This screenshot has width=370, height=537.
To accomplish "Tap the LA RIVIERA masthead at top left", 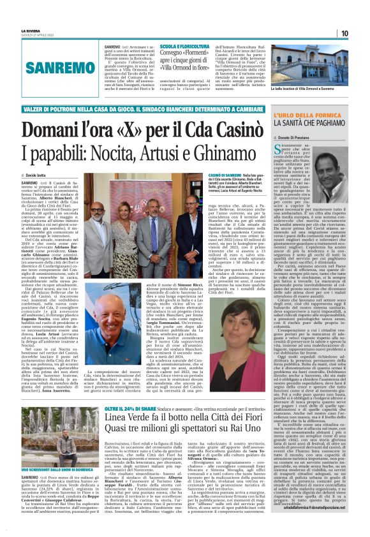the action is coord(30,31).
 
